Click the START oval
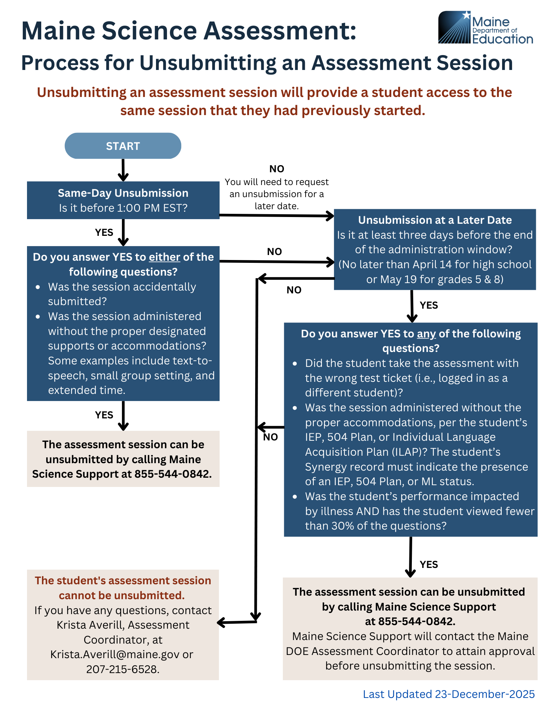123,146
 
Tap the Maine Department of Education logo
485,28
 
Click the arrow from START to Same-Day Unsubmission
123,170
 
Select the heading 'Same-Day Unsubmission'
123,193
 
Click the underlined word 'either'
164,257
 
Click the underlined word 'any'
426,334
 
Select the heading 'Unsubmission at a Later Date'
435,220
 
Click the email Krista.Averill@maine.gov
115,654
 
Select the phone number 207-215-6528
123,669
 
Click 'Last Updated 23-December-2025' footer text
448,694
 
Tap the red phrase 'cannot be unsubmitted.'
122,595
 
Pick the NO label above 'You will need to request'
277,169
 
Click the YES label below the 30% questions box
429,564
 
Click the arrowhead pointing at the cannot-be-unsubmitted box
221,622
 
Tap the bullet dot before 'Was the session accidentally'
38,287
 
